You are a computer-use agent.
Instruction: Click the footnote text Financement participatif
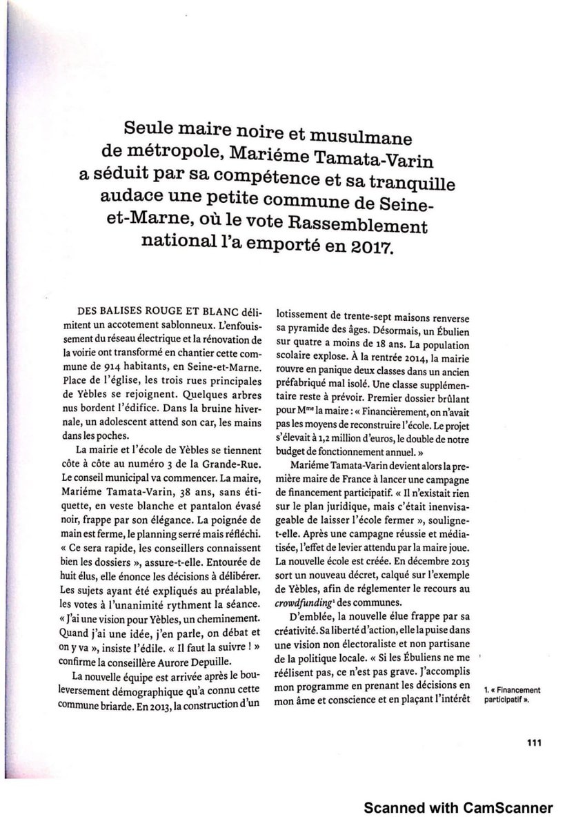pyautogui.click(x=511, y=694)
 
